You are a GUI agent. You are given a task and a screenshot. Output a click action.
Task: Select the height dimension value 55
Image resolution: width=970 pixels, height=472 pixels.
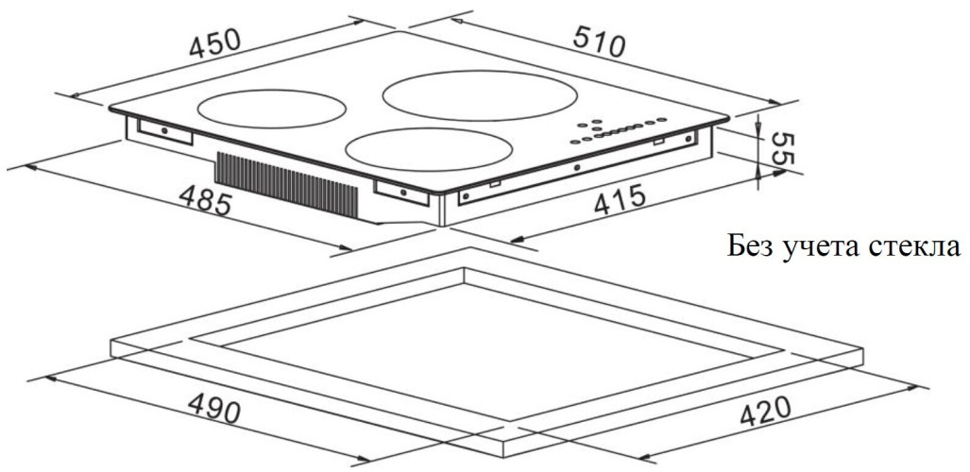tap(777, 149)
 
